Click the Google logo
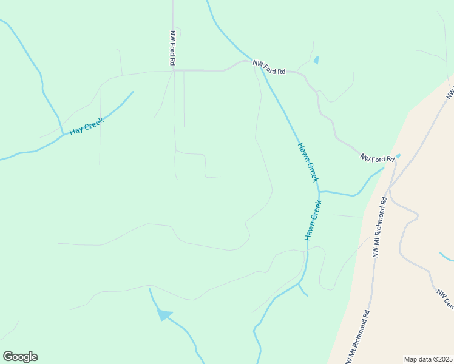click(20, 357)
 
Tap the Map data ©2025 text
click(429, 359)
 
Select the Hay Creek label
click(87, 126)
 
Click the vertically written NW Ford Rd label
click(173, 48)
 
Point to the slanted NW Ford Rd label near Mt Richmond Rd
click(377, 159)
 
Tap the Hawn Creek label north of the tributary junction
click(308, 162)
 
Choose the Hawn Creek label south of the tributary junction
click(313, 220)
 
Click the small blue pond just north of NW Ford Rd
click(316, 60)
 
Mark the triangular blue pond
click(164, 314)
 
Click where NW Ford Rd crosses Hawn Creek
click(262, 68)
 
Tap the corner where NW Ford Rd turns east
click(174, 70)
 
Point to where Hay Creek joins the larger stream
click(63, 135)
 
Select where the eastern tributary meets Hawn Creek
click(319, 192)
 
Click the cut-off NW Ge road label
click(445, 298)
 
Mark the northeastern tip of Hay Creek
click(133, 92)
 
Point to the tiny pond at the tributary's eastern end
click(398, 156)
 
